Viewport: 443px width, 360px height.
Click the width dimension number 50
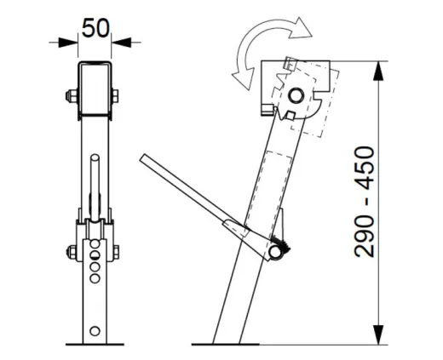tap(95, 27)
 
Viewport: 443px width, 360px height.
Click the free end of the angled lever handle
tap(145, 159)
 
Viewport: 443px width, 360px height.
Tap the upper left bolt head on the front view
tap(69, 94)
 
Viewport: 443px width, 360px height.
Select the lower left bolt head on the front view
tap(70, 251)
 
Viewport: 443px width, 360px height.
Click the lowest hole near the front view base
tap(95, 329)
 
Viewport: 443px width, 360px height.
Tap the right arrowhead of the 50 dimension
tap(118, 39)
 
